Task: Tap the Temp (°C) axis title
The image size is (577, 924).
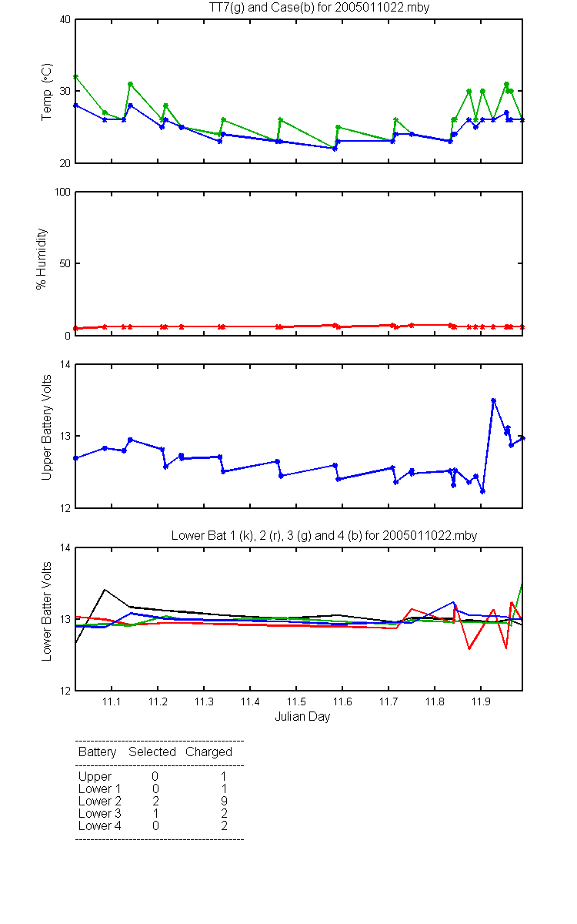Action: [x=47, y=92]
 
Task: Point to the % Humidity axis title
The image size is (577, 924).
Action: [x=42, y=259]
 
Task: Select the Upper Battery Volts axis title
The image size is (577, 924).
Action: [x=46, y=427]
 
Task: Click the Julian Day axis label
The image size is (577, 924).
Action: [x=302, y=717]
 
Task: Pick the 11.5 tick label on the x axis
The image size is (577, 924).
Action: [x=296, y=701]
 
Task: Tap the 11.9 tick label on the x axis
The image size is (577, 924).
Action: [x=481, y=701]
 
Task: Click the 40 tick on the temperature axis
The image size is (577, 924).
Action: [x=65, y=19]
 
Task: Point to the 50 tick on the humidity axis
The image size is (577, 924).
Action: [x=65, y=263]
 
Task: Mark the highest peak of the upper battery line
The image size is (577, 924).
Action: [x=493, y=400]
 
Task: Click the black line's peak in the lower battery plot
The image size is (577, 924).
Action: [x=105, y=590]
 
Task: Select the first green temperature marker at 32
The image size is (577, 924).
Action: [x=75, y=77]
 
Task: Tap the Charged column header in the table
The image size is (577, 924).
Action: [x=208, y=752]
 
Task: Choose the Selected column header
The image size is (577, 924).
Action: [x=152, y=752]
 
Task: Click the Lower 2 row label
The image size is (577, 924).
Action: [x=100, y=801]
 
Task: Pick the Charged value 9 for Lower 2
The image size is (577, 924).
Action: [x=224, y=801]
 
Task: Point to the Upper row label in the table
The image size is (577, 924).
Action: [x=95, y=777]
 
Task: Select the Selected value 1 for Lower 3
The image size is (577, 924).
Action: [x=155, y=813]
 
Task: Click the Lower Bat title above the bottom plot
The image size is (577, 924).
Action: [x=324, y=535]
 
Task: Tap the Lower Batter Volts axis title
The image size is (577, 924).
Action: [x=46, y=611]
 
